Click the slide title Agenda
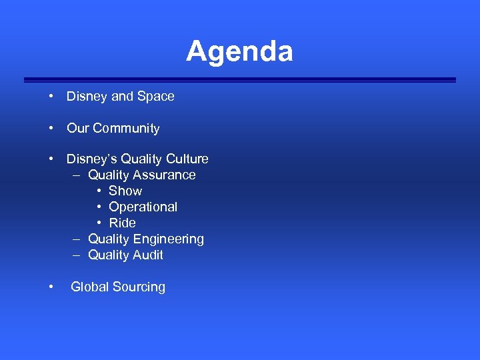(x=239, y=51)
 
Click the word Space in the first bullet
(x=156, y=96)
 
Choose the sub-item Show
(x=125, y=191)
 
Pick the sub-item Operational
(x=143, y=207)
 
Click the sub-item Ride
(x=122, y=223)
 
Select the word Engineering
(x=171, y=239)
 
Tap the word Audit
(x=148, y=255)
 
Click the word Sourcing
(x=139, y=287)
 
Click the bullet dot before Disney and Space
(x=51, y=96)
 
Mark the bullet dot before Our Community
(x=51, y=128)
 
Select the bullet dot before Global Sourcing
(x=51, y=287)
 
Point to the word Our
(x=78, y=128)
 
